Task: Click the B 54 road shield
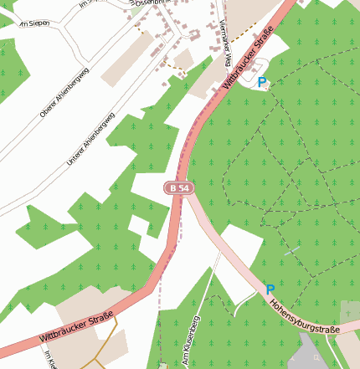tap(178, 189)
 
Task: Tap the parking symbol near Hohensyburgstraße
tap(270, 290)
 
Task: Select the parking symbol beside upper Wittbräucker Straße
tap(262, 82)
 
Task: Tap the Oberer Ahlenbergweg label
tap(64, 92)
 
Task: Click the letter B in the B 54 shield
tap(173, 189)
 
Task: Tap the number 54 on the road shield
tap(183, 189)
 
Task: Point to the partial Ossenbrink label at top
tap(151, 3)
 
